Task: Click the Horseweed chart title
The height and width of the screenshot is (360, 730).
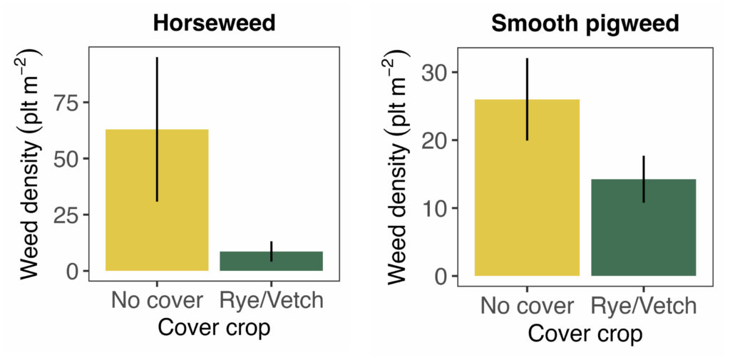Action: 214,24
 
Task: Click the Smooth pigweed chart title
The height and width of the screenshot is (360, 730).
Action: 585,26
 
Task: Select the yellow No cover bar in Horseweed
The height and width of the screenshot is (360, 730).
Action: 157,200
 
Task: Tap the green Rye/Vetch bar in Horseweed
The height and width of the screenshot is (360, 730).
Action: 271,262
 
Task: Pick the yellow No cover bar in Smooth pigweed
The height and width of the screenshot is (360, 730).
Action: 527,187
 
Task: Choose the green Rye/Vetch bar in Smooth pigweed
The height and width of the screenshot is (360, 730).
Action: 644,227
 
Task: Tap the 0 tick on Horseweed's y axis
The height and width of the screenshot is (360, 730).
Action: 75,271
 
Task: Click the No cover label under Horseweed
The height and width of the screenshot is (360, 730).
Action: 157,300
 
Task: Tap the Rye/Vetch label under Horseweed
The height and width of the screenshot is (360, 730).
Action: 271,300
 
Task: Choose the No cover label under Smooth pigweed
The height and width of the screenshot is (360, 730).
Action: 527,306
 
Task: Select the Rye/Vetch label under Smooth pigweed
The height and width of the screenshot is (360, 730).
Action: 644,306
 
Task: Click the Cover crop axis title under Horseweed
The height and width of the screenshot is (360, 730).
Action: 214,327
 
